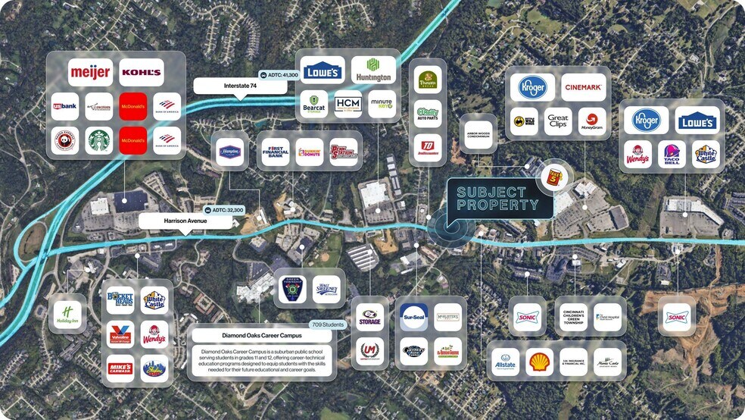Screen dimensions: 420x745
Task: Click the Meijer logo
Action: tap(91, 73)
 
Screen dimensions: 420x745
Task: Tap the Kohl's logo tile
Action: tap(142, 73)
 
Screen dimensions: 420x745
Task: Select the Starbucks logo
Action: tap(98, 140)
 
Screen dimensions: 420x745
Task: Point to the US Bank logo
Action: tap(64, 106)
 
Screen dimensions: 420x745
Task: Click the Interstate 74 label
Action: tap(240, 86)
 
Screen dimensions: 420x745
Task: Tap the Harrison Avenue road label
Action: tap(185, 221)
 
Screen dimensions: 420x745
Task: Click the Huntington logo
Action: tap(373, 71)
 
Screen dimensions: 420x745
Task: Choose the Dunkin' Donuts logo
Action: tap(310, 151)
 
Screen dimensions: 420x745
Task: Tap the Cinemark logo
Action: tap(584, 88)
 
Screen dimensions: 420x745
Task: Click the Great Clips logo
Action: tap(558, 121)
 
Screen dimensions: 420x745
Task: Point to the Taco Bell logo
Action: tap(672, 155)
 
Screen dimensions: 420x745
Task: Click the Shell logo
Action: tap(540, 361)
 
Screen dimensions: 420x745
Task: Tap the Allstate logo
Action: tap(504, 361)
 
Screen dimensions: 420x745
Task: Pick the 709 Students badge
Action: tap(328, 324)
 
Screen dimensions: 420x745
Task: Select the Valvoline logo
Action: tap(120, 334)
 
